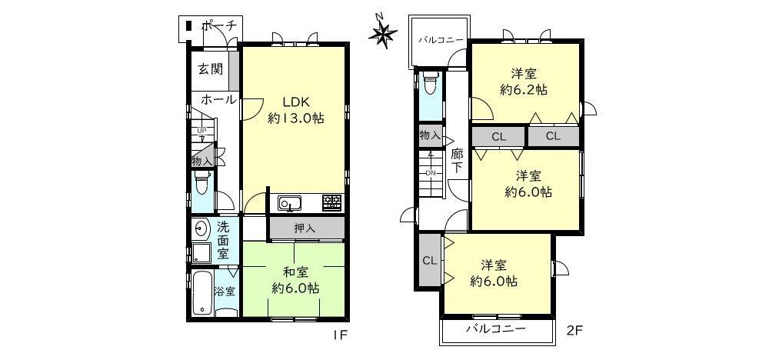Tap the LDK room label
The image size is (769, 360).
point(296,102)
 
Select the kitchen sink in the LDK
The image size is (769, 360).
point(291,202)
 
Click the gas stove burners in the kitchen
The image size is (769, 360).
point(332,202)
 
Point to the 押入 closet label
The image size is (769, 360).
point(305,228)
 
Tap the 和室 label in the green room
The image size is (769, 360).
point(296,272)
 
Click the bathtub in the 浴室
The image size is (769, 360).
point(201,293)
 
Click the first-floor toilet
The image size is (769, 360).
point(201,182)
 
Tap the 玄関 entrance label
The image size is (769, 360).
point(211,68)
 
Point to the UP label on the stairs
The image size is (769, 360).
point(201,131)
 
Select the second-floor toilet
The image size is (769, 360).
point(430,83)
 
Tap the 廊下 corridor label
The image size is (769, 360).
point(457,160)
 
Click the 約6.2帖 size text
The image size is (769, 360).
point(524,90)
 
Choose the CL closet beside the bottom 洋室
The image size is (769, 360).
point(430,261)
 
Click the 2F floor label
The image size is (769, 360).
point(574,330)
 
